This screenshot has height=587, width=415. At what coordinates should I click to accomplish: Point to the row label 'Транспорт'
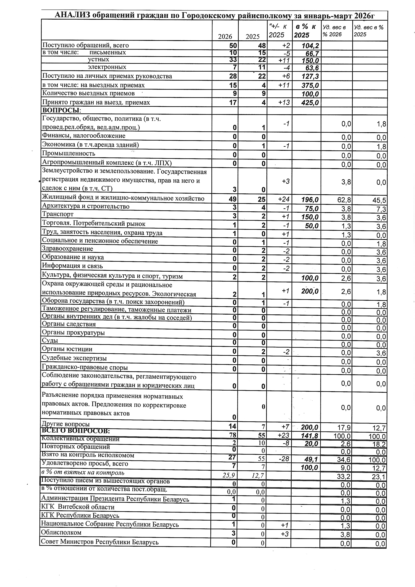[58, 214]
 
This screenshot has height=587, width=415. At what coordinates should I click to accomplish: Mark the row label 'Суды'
[50, 341]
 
